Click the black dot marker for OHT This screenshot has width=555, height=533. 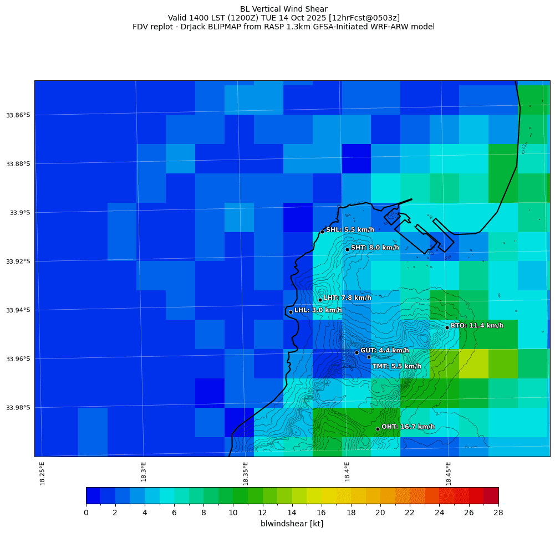point(378,429)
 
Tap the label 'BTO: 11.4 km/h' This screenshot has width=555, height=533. point(477,326)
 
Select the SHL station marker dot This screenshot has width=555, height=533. point(322,232)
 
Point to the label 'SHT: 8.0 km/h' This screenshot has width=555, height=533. point(375,248)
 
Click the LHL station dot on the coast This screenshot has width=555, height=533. point(291,312)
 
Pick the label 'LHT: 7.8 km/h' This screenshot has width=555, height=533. point(347,298)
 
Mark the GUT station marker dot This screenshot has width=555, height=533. point(357,352)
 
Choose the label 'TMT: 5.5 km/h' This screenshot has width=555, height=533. point(396,366)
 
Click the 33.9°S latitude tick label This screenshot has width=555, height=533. point(19,213)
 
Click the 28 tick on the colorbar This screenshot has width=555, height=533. point(498,512)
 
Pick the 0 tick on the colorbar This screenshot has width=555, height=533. point(86,512)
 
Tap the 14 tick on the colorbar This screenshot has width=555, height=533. point(292,512)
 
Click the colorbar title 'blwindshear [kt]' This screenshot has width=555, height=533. point(292,524)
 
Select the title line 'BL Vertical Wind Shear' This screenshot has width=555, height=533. point(284,9)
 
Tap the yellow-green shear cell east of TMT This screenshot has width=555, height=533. point(473,363)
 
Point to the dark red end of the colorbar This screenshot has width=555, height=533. point(491,495)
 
